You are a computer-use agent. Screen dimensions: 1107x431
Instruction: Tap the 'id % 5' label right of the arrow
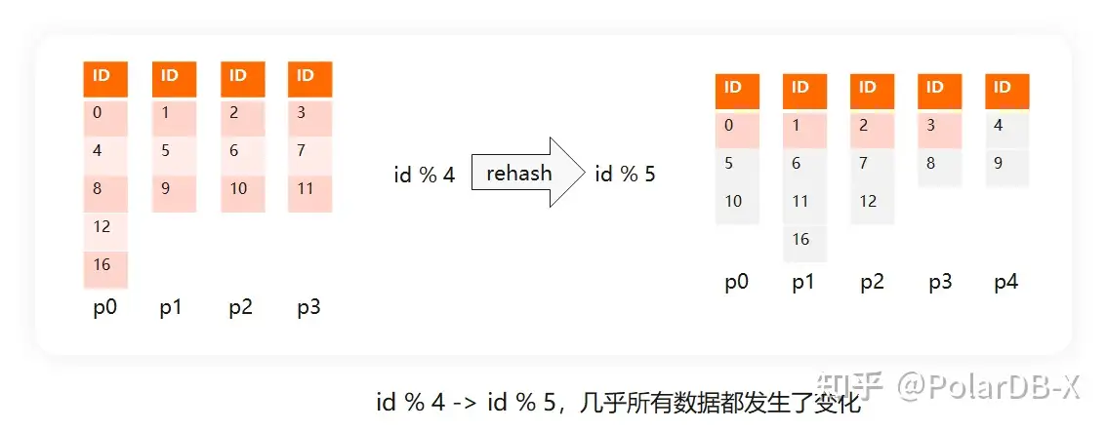[x=625, y=176]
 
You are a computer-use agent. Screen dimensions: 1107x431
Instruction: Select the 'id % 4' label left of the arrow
[x=425, y=176]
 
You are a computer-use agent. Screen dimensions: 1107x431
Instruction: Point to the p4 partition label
[x=1006, y=283]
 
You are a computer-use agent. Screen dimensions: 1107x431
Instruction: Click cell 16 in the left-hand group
[x=104, y=265]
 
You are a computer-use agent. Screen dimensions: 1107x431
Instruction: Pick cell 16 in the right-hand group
[x=804, y=240]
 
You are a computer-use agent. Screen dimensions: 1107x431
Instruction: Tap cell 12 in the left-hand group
[x=104, y=227]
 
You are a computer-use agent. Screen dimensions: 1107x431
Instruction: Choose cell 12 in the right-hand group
[x=872, y=202]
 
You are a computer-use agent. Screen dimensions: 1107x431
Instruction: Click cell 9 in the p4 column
[x=1006, y=164]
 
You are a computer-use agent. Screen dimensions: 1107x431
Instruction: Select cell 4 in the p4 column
[x=1006, y=126]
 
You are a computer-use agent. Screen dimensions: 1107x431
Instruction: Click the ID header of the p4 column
[x=1006, y=88]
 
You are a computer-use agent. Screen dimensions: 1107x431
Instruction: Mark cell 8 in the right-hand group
[x=939, y=164]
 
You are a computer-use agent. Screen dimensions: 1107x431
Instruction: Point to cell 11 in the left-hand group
[x=309, y=189]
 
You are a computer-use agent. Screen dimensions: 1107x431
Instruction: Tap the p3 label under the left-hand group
[x=309, y=308]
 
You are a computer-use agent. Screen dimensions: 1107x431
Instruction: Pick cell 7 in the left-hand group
[x=309, y=151]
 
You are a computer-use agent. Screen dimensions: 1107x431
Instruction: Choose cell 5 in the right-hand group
[x=737, y=164]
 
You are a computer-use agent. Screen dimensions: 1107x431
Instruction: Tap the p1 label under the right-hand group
[x=804, y=283]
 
